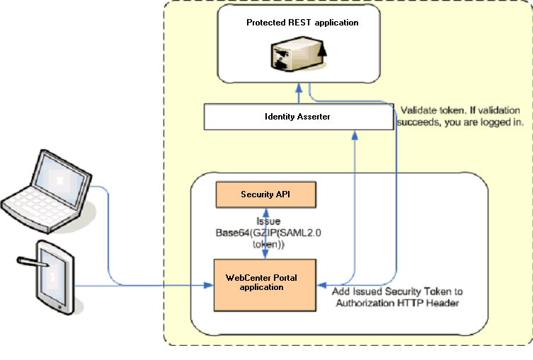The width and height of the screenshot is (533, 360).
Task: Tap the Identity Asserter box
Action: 298,117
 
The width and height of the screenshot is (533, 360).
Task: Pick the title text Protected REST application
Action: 302,23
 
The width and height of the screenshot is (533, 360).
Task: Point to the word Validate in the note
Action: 418,110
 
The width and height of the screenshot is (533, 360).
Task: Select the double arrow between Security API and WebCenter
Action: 265,233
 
